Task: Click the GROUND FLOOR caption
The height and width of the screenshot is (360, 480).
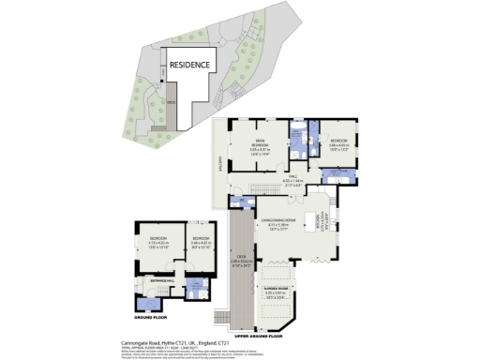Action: [148, 317]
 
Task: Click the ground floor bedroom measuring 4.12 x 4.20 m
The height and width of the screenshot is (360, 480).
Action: [152, 241]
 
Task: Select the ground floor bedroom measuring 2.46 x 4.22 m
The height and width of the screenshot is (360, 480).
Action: [200, 241]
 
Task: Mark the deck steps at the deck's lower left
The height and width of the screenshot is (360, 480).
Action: [223, 315]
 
